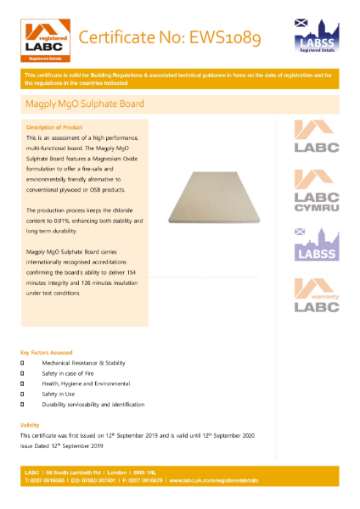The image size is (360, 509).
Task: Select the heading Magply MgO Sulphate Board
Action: pyautogui.click(x=85, y=104)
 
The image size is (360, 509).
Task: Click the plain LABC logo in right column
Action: pyautogui.click(x=316, y=137)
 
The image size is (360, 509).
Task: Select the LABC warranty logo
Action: pyautogui.click(x=316, y=297)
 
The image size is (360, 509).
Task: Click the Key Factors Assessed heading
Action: pyautogui.click(x=47, y=352)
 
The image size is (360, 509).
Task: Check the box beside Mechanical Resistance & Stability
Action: pyautogui.click(x=24, y=363)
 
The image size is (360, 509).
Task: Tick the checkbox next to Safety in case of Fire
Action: pyautogui.click(x=24, y=373)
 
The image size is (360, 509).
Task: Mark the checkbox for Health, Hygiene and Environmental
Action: pyautogui.click(x=24, y=383)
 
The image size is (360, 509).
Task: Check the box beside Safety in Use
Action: pyautogui.click(x=24, y=394)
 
